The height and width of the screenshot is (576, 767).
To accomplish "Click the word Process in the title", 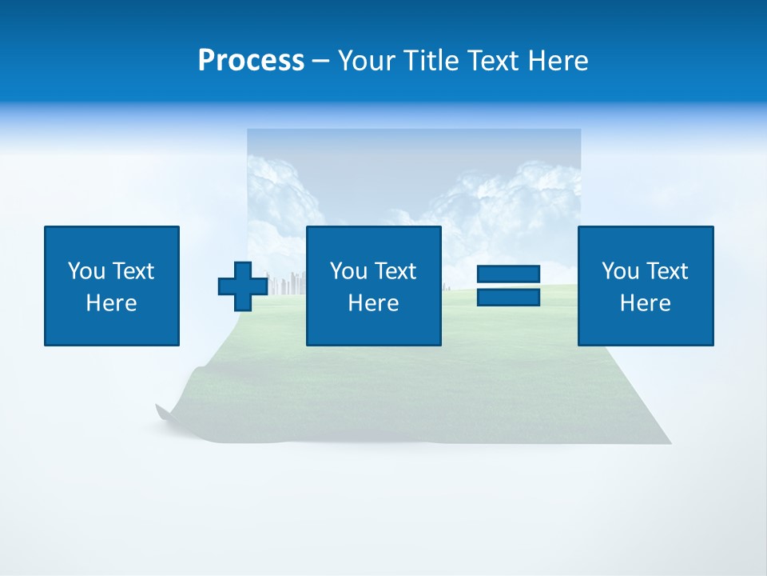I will pos(251,61).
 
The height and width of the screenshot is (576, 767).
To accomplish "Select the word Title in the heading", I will pos(432,61).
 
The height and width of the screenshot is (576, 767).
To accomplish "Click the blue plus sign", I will pos(243,286).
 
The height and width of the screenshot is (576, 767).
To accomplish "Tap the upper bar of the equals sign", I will pos(508,274).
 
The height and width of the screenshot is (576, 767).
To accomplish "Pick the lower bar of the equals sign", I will pos(508,297).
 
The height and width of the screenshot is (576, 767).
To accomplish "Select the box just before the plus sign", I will pos(112,286).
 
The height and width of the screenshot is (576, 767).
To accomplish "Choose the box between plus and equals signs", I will pos(373,286).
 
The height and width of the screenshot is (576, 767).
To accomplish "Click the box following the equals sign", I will pos(646,286).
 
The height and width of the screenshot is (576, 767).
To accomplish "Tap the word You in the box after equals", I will pos(620,271).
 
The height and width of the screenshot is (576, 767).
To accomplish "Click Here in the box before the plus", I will pos(112,303).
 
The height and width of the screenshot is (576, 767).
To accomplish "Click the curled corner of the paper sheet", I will pos(164,412).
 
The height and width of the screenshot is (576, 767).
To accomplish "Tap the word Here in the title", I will pos(558,61).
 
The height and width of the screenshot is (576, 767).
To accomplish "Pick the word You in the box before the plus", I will pos(86,271).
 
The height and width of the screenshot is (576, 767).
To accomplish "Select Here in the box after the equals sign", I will pos(646,303).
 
